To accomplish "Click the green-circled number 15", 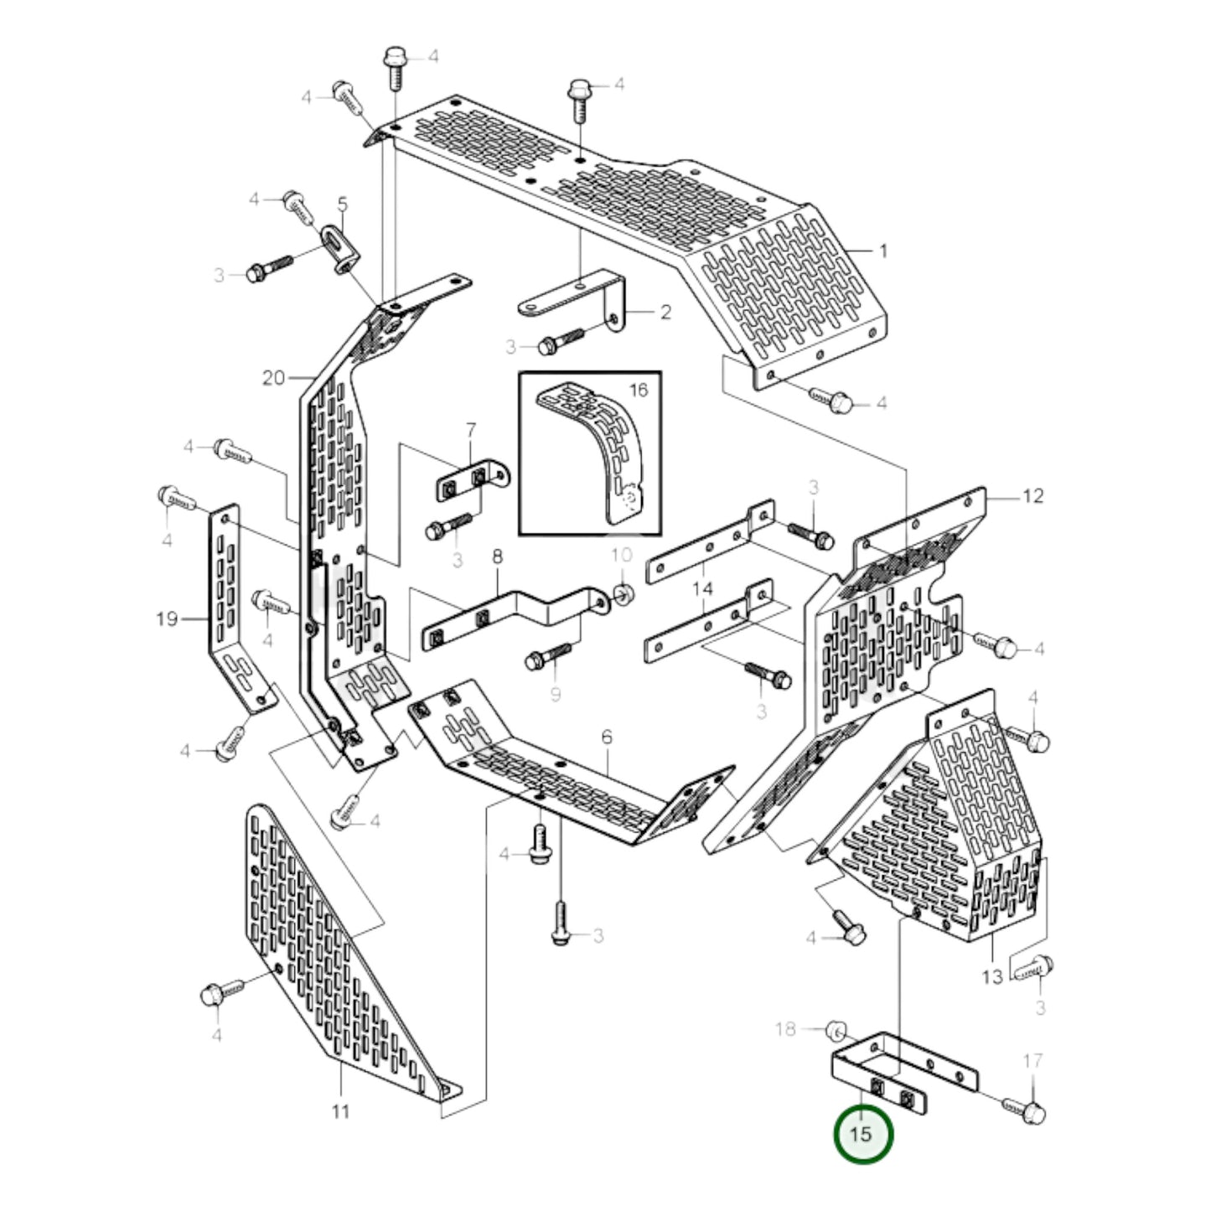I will tap(862, 1134).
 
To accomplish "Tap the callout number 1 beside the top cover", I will tap(882, 251).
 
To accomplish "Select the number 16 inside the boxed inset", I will tap(638, 390).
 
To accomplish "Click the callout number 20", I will tap(273, 378).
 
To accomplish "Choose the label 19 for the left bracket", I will tap(167, 619).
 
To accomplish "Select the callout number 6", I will tap(607, 737).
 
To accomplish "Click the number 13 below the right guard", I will tap(991, 976).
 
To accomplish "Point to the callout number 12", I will tap(1033, 496).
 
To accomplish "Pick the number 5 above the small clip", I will tap(342, 204).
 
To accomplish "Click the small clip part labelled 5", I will tap(343, 247).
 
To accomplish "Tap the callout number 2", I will tap(665, 313).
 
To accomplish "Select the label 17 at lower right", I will tap(1033, 1061).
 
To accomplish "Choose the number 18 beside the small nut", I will tap(785, 1028).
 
